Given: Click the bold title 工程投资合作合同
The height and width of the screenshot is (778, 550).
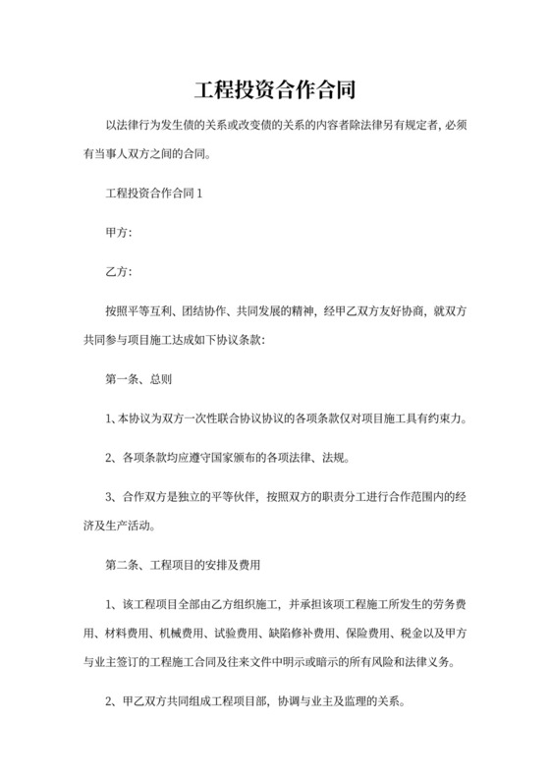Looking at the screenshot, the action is coord(274,89).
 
